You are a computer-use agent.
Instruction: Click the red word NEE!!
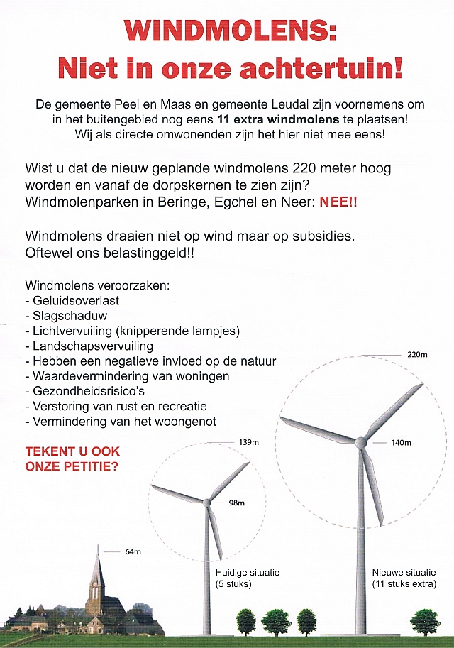(x=338, y=201)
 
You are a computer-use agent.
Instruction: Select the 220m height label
(x=417, y=354)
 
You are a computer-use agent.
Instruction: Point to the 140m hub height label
(x=402, y=443)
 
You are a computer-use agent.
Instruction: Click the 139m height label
(x=248, y=443)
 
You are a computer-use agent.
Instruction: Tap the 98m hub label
(x=236, y=503)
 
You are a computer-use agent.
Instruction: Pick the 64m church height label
(x=133, y=551)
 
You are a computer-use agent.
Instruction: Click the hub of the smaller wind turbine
(x=206, y=503)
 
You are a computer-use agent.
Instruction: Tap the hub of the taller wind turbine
(x=362, y=442)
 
